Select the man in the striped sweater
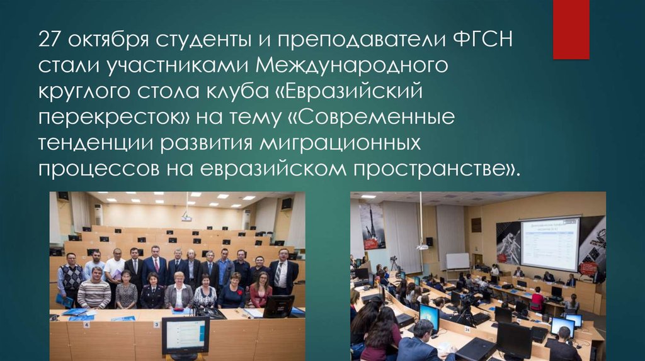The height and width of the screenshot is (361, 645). [x=94, y=289]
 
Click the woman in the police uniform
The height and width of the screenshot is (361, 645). [x=152, y=291]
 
